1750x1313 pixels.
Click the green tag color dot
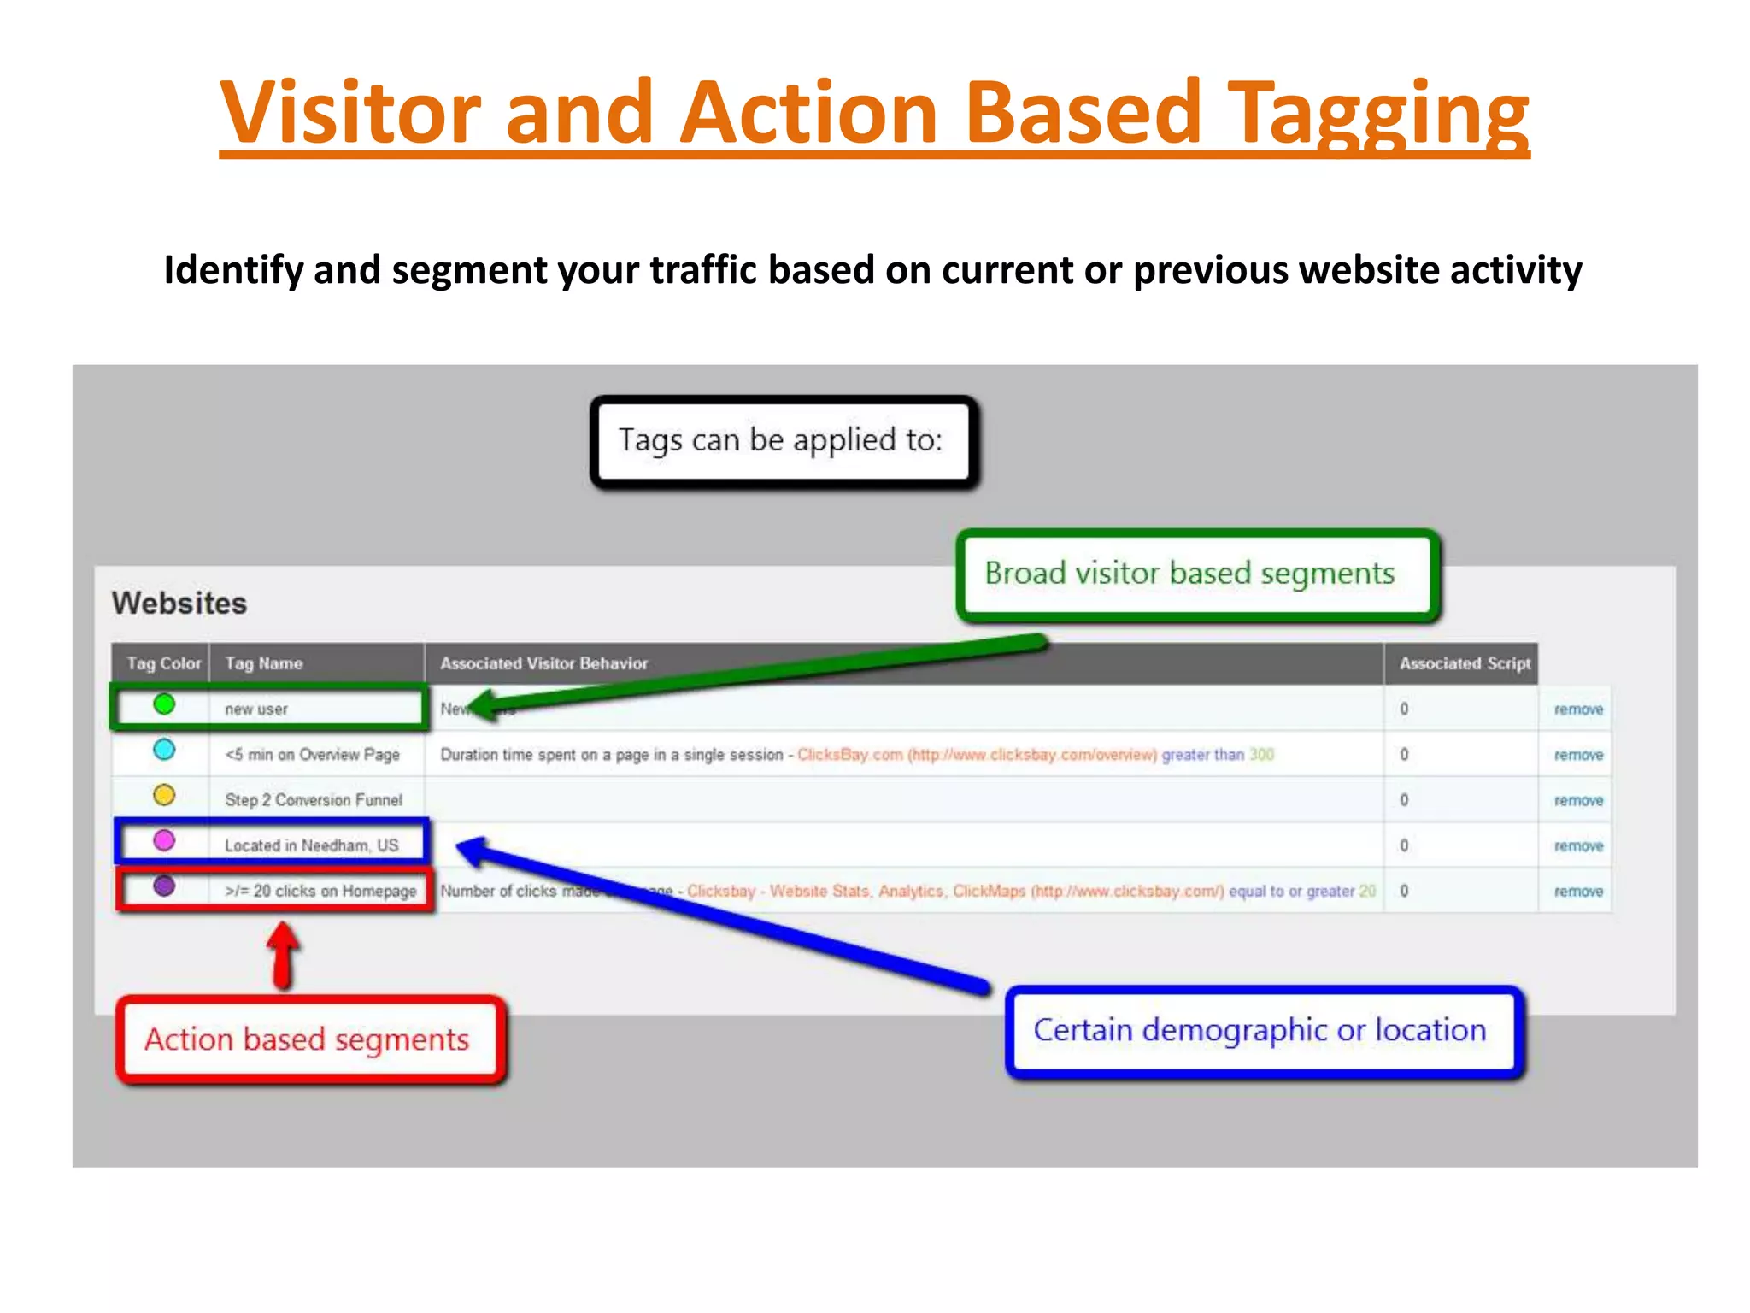click(x=164, y=704)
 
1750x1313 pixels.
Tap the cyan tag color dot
click(x=164, y=750)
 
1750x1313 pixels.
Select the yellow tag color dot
click(x=164, y=795)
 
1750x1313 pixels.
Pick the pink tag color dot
click(x=164, y=840)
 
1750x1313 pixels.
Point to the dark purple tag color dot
click(x=164, y=886)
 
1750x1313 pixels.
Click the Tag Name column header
click(x=264, y=663)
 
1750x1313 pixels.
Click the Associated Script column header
click(x=1465, y=663)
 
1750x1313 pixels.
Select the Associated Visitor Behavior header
click(x=543, y=663)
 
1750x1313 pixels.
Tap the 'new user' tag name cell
click(x=256, y=709)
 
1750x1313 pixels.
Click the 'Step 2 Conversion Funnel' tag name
click(x=314, y=800)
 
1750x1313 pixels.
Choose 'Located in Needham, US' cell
click(x=312, y=845)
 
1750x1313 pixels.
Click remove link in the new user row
click(x=1578, y=709)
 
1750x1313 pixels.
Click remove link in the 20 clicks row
click(x=1578, y=892)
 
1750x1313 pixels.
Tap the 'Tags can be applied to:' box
click(x=782, y=441)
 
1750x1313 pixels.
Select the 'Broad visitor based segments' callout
click(x=1196, y=574)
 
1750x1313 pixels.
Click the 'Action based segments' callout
click(x=308, y=1039)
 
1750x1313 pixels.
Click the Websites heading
click(x=179, y=604)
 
